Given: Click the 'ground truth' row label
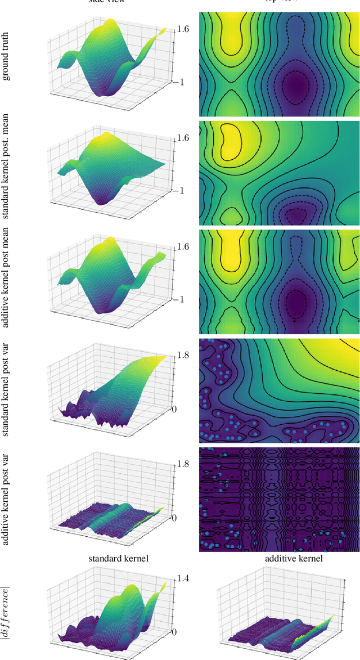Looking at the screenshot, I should point(7,59).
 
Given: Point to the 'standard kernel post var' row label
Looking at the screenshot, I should point(7,388).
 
